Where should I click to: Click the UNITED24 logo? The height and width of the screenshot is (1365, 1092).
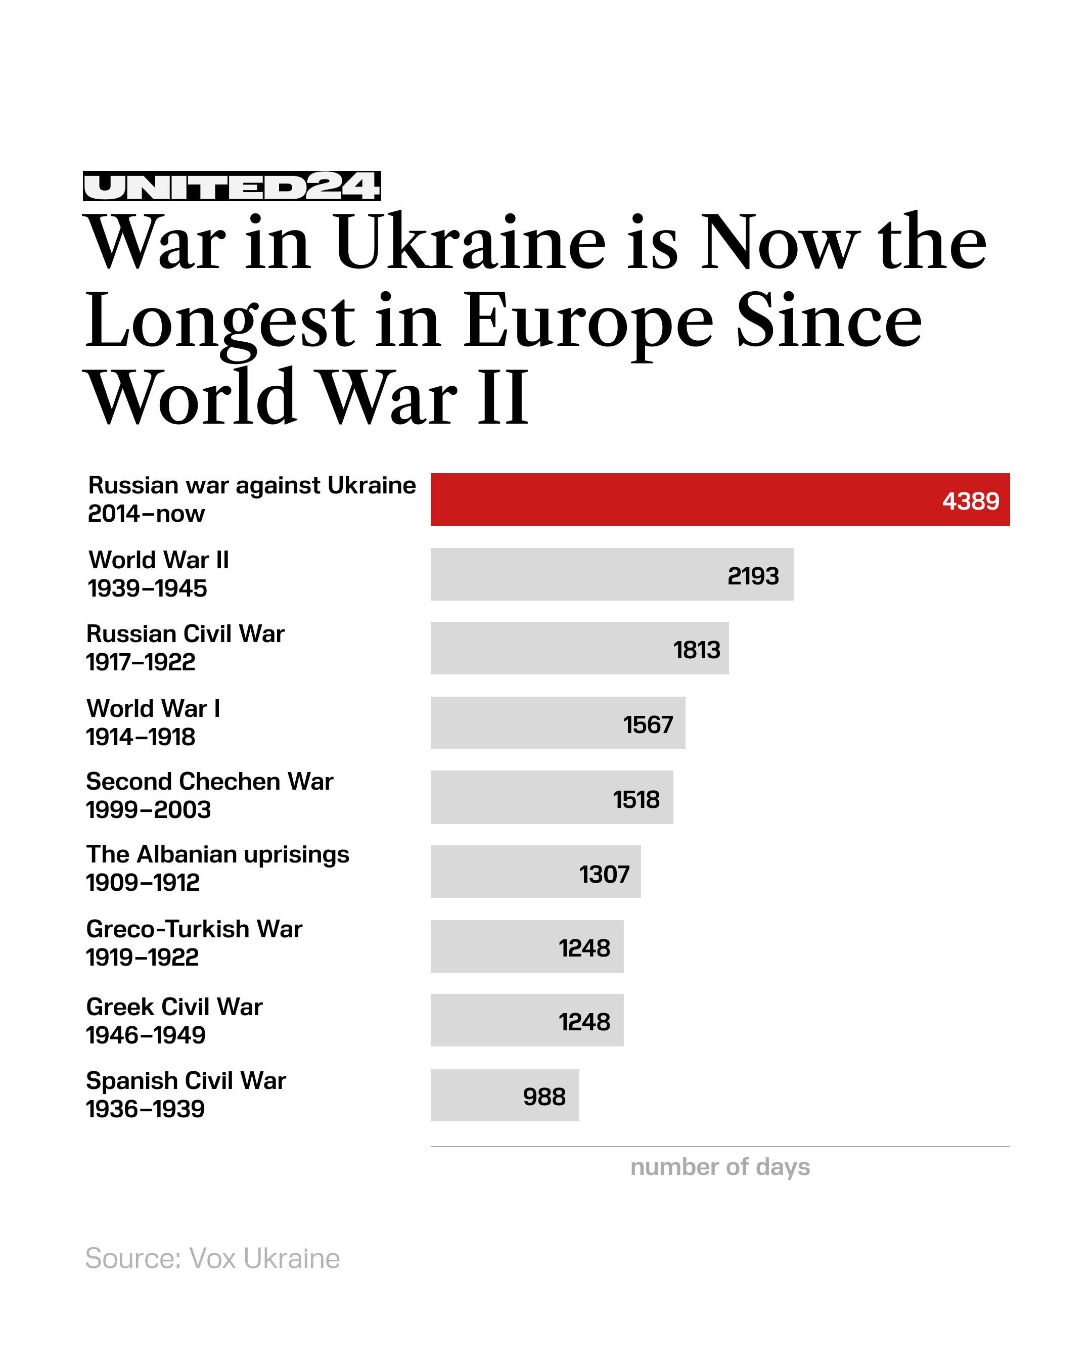click(x=231, y=186)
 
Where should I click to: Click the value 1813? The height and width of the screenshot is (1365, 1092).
click(x=696, y=650)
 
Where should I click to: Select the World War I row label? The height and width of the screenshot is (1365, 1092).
click(x=153, y=708)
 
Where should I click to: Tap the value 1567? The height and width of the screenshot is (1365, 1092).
click(x=648, y=724)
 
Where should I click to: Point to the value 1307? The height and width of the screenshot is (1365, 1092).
click(x=604, y=874)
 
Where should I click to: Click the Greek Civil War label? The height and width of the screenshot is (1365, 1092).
click(x=174, y=1007)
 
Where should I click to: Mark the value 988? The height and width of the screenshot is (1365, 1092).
click(x=544, y=1097)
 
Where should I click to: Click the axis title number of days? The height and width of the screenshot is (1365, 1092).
click(x=720, y=1166)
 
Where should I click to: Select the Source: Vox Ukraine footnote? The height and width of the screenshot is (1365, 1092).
click(x=212, y=1258)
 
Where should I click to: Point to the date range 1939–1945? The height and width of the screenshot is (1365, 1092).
click(x=147, y=588)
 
